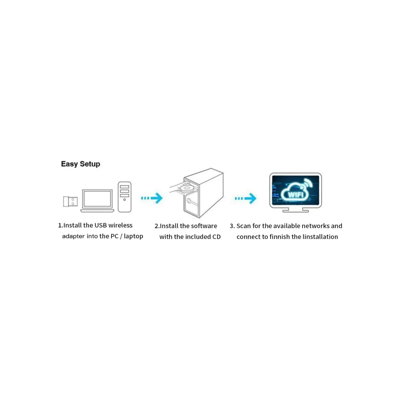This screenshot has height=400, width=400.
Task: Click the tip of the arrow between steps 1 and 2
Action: tap(162, 198)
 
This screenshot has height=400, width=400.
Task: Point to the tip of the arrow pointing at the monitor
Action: tap(256, 198)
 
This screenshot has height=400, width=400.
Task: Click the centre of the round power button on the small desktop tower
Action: tap(124, 199)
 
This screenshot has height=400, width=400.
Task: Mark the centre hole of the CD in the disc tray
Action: tap(186, 187)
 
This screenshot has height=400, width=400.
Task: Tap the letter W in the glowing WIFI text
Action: tap(291, 194)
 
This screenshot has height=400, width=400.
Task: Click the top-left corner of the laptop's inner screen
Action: tap(84, 191)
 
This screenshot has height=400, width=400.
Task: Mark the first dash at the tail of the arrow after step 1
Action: tap(142, 198)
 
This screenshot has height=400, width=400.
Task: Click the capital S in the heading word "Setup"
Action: tap(82, 164)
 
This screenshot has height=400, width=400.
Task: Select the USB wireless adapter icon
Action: tap(70, 201)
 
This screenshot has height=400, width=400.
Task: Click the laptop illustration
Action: tap(97, 201)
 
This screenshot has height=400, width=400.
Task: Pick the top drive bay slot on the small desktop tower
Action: tap(124, 187)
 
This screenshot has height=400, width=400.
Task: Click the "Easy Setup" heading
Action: tap(80, 164)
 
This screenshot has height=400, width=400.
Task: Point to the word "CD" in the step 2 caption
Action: tap(216, 237)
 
